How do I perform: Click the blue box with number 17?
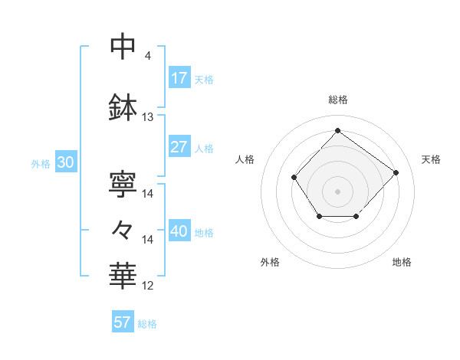point(179,79)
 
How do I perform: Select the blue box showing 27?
point(179,148)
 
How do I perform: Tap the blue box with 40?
point(179,232)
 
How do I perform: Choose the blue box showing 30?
point(65,163)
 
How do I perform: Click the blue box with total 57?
point(123,322)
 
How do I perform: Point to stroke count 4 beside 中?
point(147,56)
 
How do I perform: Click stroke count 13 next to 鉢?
point(148,117)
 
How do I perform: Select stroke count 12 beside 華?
point(148,286)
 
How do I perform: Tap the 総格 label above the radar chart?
point(337,100)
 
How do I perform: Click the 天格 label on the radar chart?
point(431,159)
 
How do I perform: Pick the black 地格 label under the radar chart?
point(402,262)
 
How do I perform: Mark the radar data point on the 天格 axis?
point(396,172)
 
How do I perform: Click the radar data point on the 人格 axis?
point(294,178)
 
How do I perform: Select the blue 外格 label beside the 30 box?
point(41,164)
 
